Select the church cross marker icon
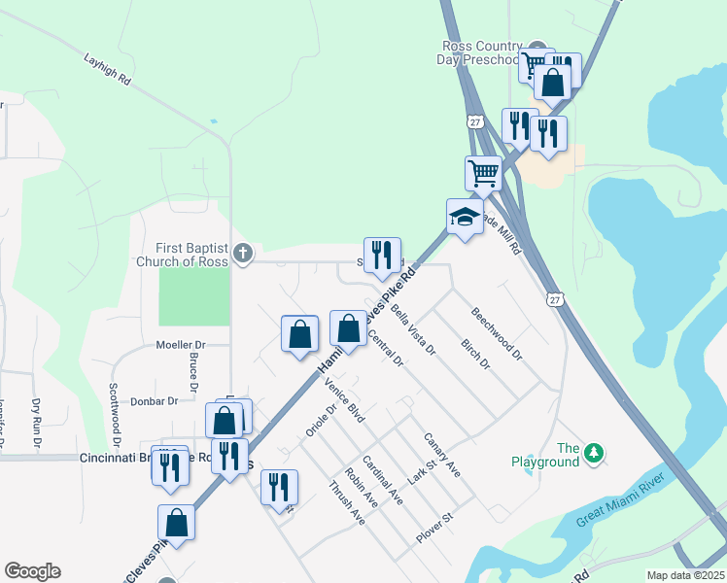click(x=243, y=255)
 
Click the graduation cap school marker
click(x=465, y=218)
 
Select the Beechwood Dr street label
click(x=496, y=334)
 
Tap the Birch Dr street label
click(x=475, y=354)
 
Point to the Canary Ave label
click(x=441, y=455)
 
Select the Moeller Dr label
click(x=181, y=345)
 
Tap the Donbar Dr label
click(x=154, y=400)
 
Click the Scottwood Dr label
click(x=114, y=407)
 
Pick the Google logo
click(x=32, y=571)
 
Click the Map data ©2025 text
click(x=684, y=575)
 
